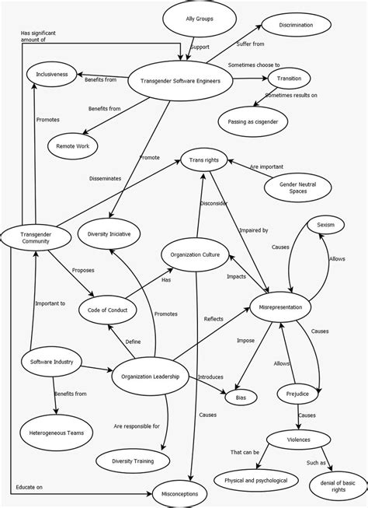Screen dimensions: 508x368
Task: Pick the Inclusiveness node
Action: (53, 74)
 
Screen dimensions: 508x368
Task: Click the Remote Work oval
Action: (71, 145)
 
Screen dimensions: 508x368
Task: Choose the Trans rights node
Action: (204, 161)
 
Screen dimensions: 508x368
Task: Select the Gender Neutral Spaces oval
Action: (287, 187)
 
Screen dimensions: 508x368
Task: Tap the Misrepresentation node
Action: (280, 307)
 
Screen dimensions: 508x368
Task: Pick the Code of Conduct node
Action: (108, 309)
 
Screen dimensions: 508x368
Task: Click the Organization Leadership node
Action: (151, 378)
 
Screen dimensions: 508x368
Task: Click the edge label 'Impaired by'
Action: (254, 229)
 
